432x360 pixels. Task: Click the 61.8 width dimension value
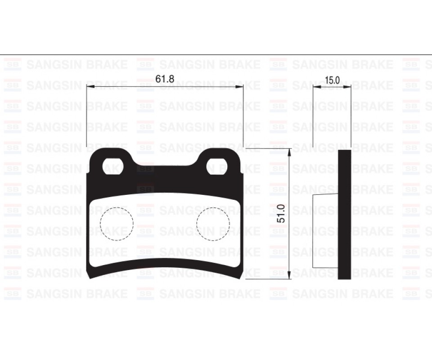point(165,79)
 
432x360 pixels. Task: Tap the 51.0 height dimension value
point(281,213)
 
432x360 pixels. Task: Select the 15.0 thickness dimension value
point(332,80)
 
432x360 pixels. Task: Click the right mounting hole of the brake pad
point(216,166)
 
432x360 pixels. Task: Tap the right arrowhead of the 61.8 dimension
point(240,86)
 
